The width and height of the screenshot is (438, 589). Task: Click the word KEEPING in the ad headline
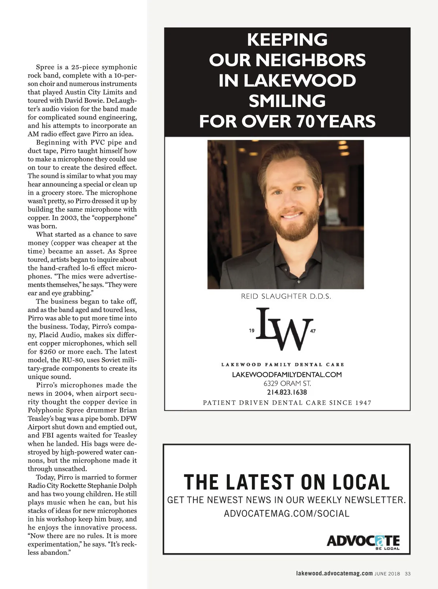point(287,39)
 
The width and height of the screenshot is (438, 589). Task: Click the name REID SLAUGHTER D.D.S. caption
point(286,297)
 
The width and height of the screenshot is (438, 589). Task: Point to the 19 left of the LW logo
point(252,331)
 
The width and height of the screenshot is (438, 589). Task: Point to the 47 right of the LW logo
point(313,331)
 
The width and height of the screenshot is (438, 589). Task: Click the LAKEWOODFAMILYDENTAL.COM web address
point(287,375)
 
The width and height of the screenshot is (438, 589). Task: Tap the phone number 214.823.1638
point(287,393)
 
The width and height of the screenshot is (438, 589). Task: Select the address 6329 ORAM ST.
point(287,383)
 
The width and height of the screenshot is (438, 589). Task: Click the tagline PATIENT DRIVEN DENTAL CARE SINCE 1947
point(287,403)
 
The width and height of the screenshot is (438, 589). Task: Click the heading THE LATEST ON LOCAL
point(287,482)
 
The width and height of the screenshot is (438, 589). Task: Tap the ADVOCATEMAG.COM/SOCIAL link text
point(287,513)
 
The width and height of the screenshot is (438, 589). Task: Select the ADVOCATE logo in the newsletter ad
point(363,541)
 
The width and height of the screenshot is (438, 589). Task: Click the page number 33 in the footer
point(408,574)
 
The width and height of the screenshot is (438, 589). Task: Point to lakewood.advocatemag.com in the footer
point(334,573)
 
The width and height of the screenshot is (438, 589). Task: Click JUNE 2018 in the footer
point(387,574)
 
